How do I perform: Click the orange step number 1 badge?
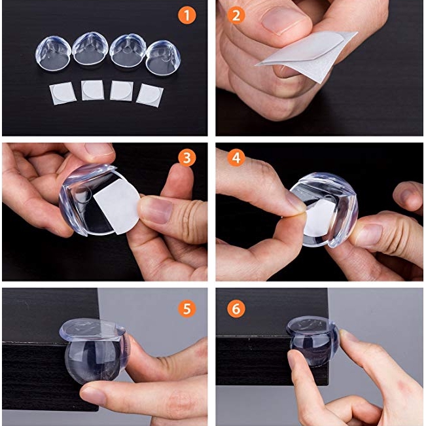[x=187, y=15]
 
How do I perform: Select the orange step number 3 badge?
[x=187, y=158]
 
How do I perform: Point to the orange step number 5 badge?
[x=187, y=308]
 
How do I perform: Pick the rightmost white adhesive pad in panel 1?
[x=149, y=94]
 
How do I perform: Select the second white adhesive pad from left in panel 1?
[x=92, y=90]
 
